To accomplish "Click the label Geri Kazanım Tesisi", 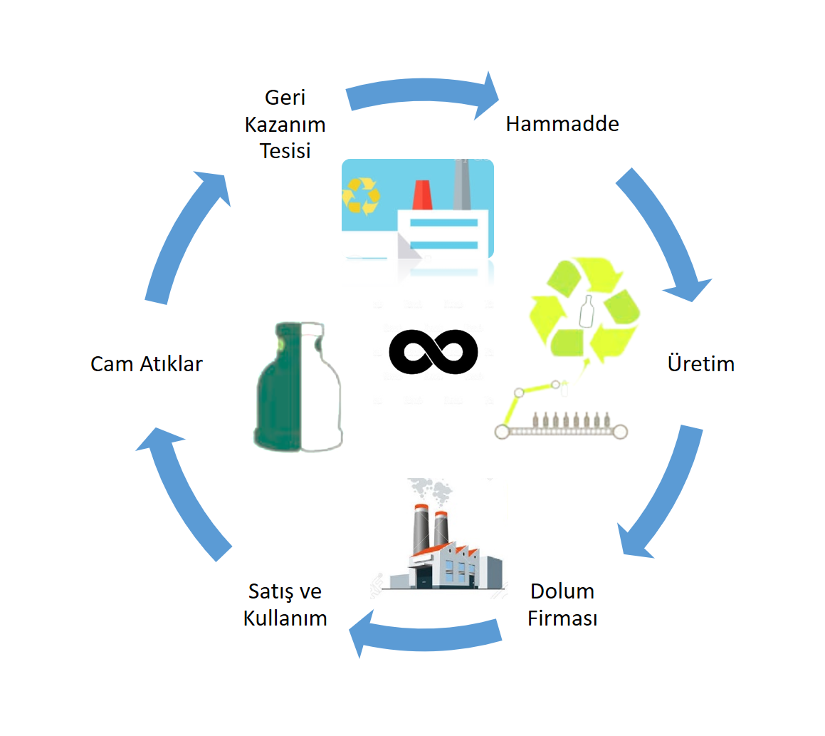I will [285, 124].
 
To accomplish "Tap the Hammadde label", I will [562, 124].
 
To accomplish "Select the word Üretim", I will [700, 364].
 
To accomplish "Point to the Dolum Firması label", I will [562, 604].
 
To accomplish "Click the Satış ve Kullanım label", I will [285, 604].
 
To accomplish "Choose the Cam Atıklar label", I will [147, 364].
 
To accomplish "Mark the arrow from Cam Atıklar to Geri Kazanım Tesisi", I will [184, 235].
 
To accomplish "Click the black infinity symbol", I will [433, 352].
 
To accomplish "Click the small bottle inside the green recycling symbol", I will [587, 311].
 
